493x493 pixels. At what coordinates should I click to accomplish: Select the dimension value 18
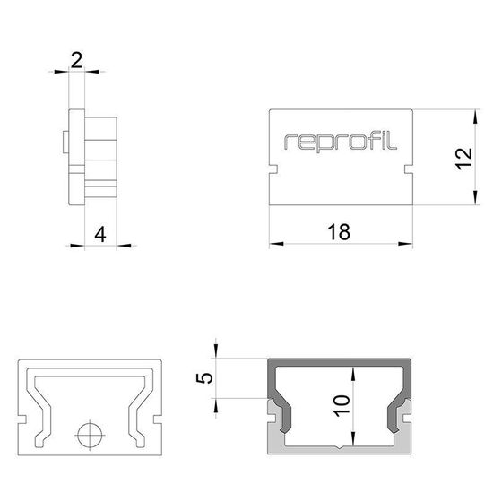tap(339, 232)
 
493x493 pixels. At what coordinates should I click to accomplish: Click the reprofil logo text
tap(342, 141)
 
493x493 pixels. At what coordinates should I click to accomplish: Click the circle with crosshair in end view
tap(87, 436)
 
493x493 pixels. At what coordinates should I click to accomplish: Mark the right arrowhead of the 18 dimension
tap(409, 243)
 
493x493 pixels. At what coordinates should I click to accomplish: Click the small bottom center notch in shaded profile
tap(341, 445)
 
